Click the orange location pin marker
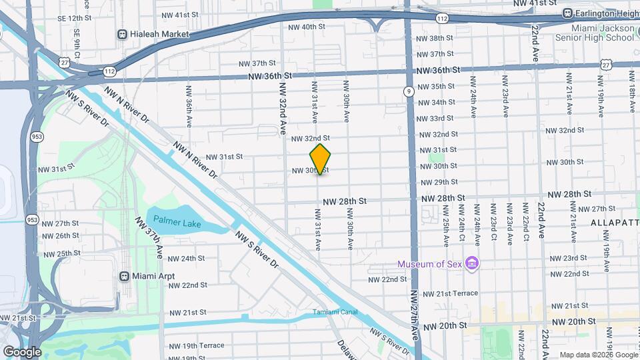point(321,159)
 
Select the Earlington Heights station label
point(603,13)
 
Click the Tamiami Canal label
point(335,312)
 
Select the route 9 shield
point(408,92)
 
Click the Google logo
point(22,351)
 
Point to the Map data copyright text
point(597,355)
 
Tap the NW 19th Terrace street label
point(197,345)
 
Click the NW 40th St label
point(307,27)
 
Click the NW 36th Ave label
point(189,106)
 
